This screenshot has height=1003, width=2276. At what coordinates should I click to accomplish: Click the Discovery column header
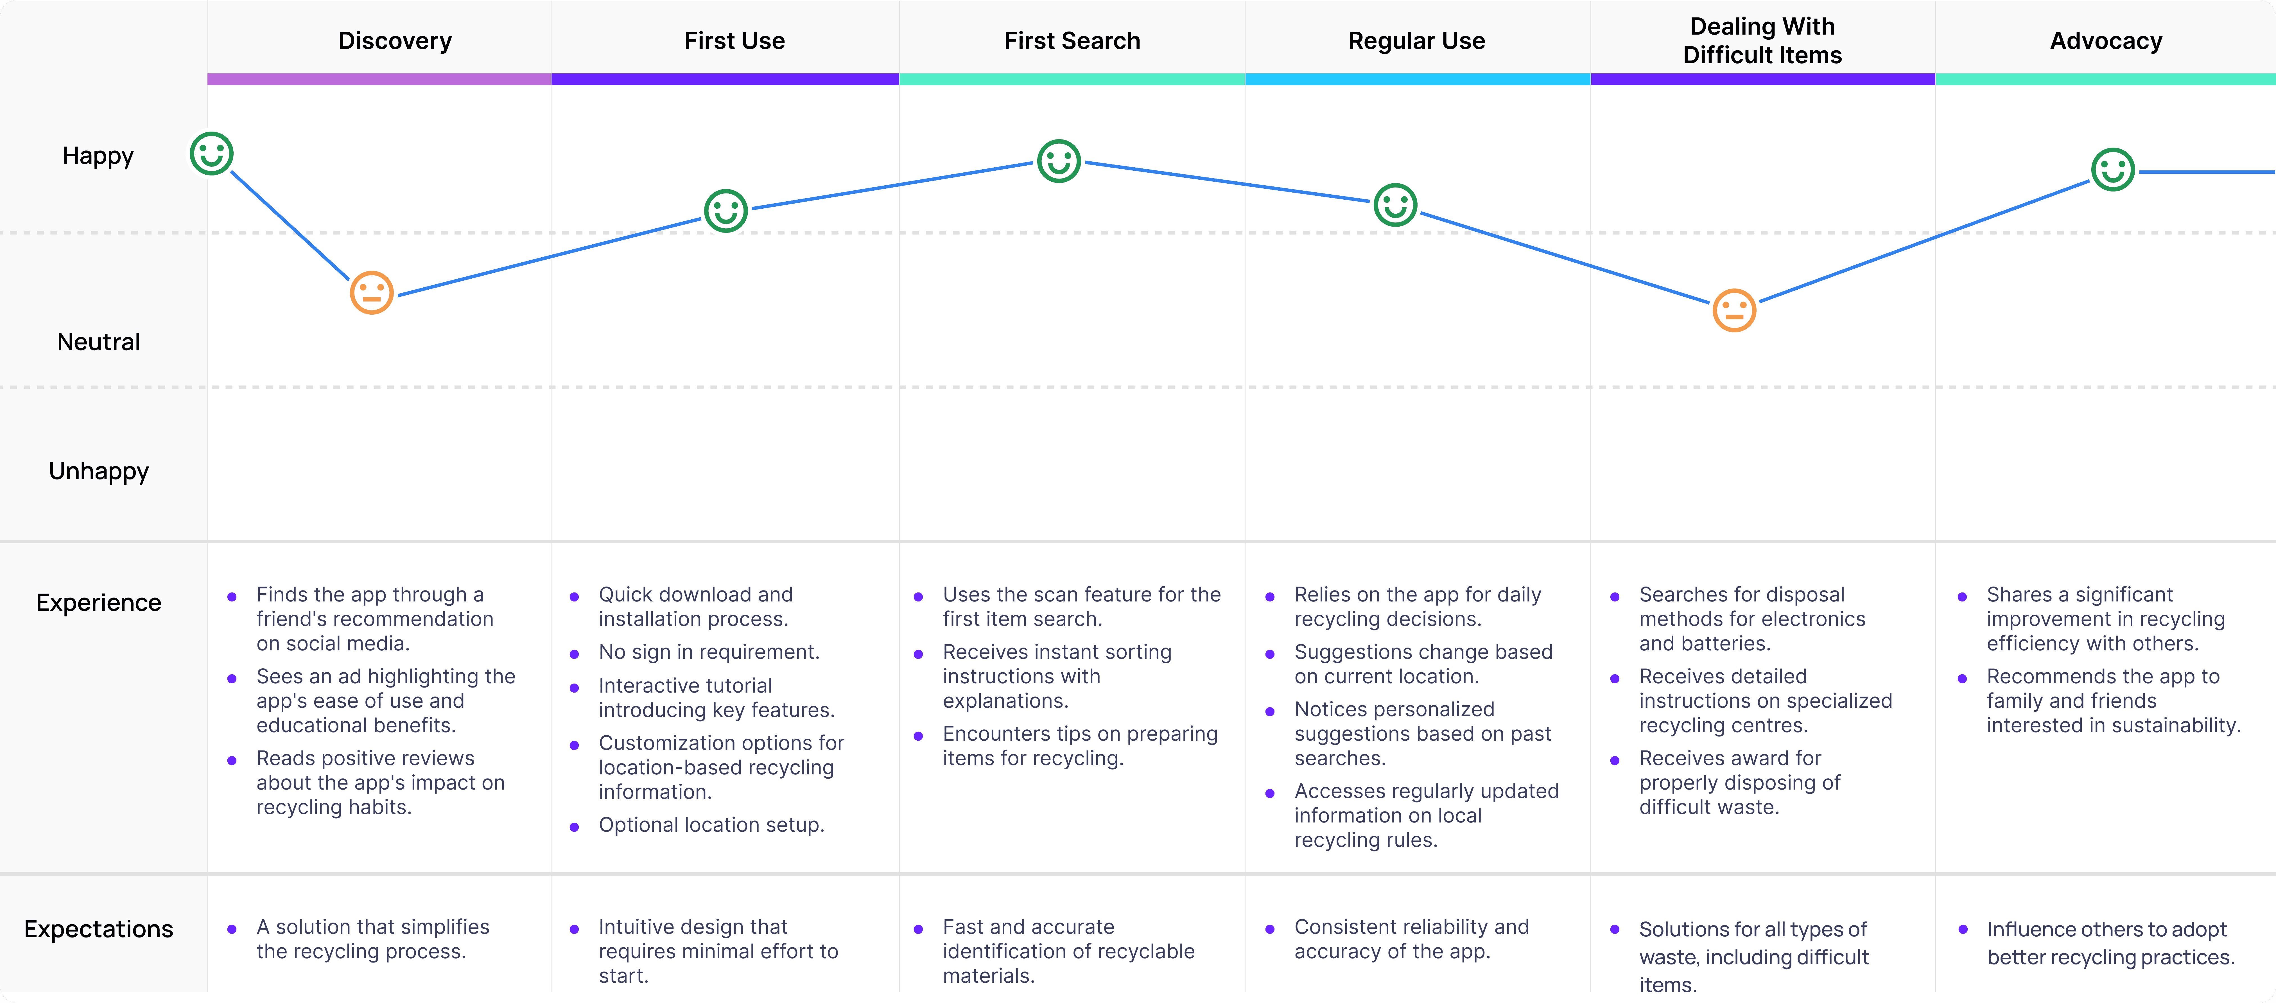click(395, 41)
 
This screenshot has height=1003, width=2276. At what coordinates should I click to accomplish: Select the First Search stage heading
click(1072, 41)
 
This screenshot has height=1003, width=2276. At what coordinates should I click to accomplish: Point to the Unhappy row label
click(99, 471)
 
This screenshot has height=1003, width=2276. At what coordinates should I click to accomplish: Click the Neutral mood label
click(99, 342)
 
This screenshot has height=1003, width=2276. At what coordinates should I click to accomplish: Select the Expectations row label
click(99, 929)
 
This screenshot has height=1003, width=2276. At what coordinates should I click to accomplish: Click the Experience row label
click(99, 603)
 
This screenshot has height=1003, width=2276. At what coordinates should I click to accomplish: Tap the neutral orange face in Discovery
click(372, 292)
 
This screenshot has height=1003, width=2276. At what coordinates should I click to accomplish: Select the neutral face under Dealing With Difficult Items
click(1734, 310)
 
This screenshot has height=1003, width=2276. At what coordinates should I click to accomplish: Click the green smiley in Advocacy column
click(2114, 170)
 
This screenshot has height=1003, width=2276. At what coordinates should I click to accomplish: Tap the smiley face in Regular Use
click(1396, 205)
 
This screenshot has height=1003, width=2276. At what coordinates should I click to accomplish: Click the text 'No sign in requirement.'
click(709, 652)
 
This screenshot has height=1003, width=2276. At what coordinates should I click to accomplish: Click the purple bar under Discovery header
click(379, 80)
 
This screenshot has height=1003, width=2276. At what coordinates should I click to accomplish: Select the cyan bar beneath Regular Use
click(1418, 80)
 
